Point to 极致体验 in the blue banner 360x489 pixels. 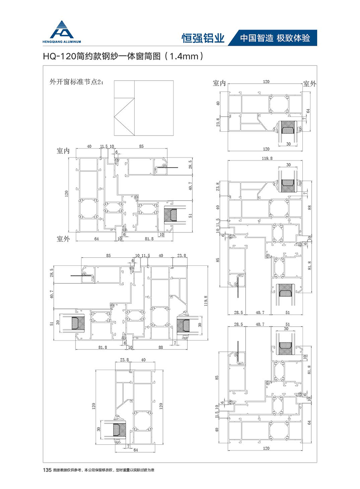click(x=294, y=38)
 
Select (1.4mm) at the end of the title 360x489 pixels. click(x=183, y=57)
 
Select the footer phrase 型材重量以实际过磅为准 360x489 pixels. click(x=133, y=470)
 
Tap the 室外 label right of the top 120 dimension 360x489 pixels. click(x=310, y=84)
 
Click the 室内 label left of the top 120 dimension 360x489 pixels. click(x=219, y=83)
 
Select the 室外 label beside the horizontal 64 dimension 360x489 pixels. click(x=63, y=239)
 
